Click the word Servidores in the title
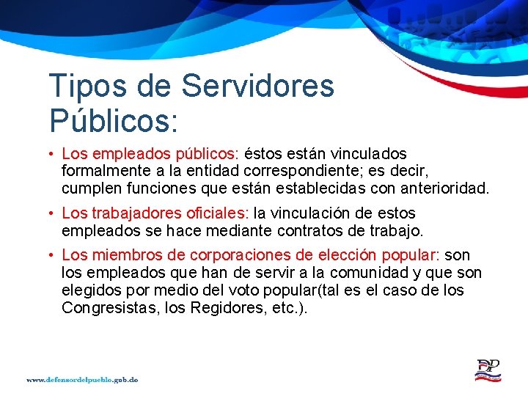pyautogui.click(x=257, y=86)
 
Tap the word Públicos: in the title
pyautogui.click(x=113, y=120)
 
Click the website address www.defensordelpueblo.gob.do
pyautogui.click(x=83, y=380)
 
